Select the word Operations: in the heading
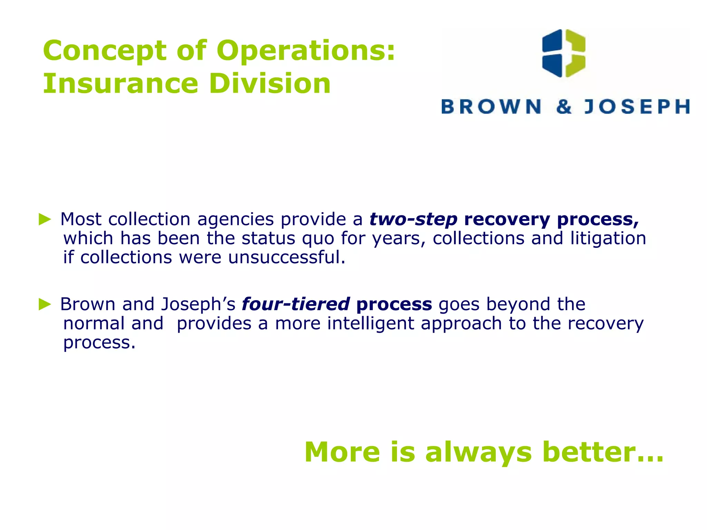click(306, 51)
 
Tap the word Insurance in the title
click(120, 84)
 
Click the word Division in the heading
click(270, 84)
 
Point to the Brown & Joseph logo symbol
click(564, 53)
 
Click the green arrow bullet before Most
click(45, 219)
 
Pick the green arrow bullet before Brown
click(45, 304)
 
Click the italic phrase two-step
click(413, 219)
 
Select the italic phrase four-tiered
click(296, 304)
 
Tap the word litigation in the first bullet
click(608, 238)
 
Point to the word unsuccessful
click(287, 257)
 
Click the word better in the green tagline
click(603, 452)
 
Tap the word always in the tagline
click(478, 452)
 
